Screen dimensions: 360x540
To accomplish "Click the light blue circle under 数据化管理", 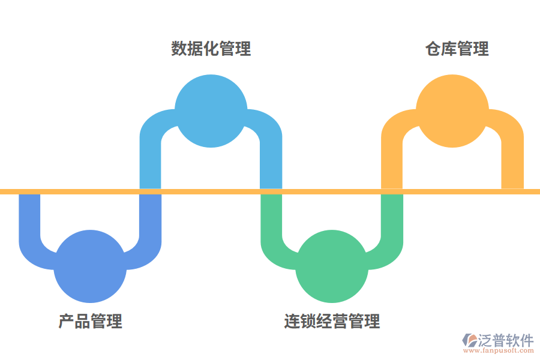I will point(211,111).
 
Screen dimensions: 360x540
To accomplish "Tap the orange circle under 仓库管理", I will point(452,111).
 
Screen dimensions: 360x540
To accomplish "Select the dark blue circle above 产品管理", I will point(90,266).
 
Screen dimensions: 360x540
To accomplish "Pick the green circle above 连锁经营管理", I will point(332,266).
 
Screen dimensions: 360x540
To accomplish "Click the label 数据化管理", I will point(211,49).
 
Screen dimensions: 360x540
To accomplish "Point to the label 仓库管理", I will point(457,49).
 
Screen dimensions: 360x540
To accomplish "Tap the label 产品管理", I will point(91,321).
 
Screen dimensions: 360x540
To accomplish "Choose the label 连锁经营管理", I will point(332,321).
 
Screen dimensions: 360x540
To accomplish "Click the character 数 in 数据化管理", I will point(179,49).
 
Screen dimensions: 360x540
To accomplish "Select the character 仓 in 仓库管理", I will point(433,49).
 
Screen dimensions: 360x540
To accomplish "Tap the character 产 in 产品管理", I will point(66,321).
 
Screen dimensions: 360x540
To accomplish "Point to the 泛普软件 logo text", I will point(505,340).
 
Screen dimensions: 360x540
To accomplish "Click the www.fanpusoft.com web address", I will point(497,351).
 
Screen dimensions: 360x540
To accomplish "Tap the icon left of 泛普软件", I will point(469,341).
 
